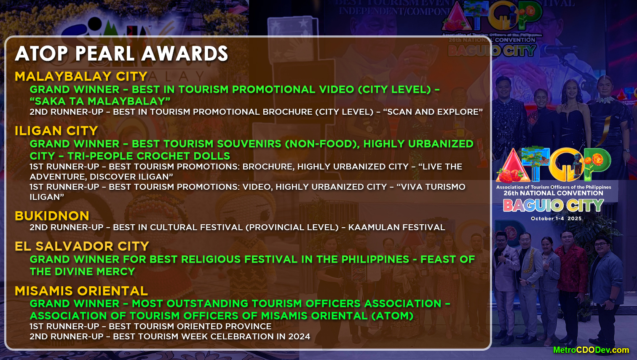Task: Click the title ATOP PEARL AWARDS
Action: click(x=121, y=54)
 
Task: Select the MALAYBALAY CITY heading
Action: click(x=81, y=76)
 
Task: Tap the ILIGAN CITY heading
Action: click(x=56, y=131)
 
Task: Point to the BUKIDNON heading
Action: click(x=52, y=216)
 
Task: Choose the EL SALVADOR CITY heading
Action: click(x=82, y=246)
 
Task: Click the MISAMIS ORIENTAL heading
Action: click(x=81, y=291)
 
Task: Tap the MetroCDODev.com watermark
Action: click(x=591, y=350)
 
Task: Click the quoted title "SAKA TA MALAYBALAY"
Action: click(x=100, y=101)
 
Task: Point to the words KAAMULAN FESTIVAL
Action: click(x=396, y=227)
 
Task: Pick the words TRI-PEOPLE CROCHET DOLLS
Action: click(x=149, y=156)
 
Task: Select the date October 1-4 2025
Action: click(x=556, y=218)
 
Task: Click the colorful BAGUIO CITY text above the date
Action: click(x=554, y=206)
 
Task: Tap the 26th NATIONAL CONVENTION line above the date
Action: click(x=553, y=193)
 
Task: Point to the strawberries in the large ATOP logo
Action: click(x=511, y=174)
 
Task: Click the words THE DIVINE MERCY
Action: click(x=82, y=271)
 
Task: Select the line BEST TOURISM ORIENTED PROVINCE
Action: click(x=190, y=326)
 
